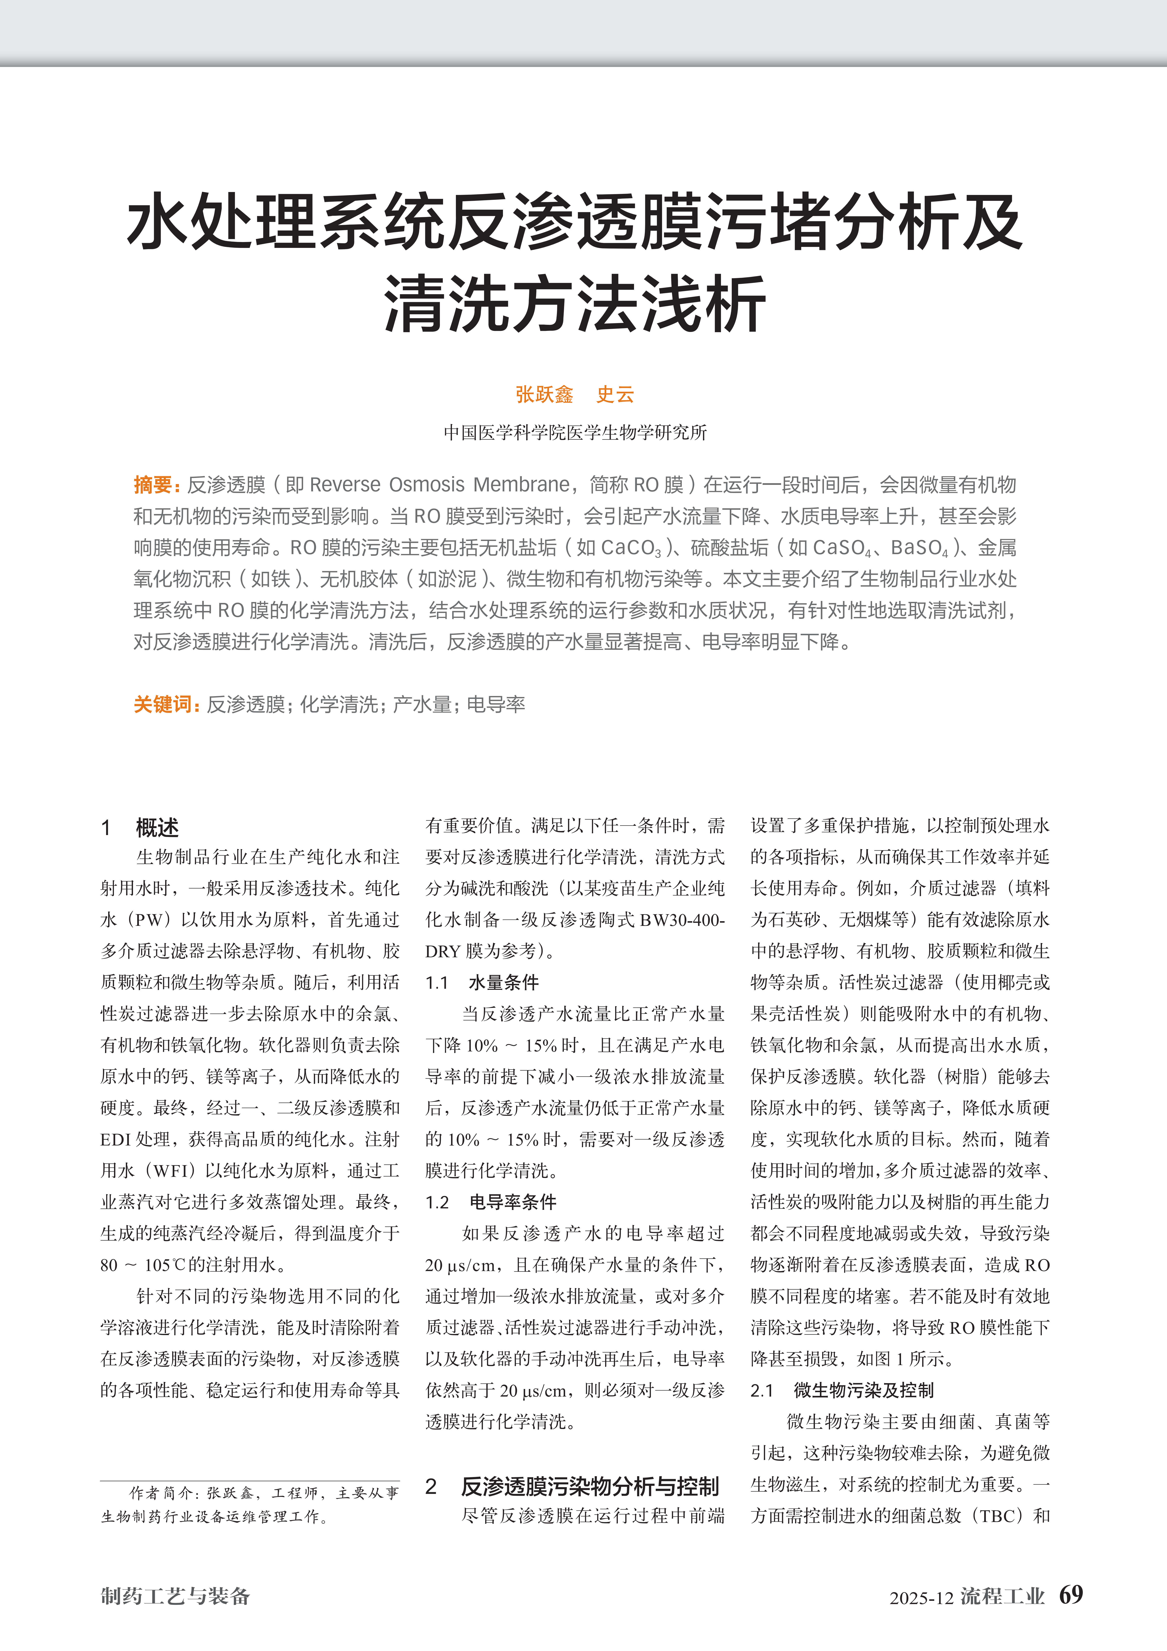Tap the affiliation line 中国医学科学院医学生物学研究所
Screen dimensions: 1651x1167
[575, 432]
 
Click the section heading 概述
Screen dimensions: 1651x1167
[158, 828]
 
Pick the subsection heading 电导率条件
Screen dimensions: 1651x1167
[513, 1202]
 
